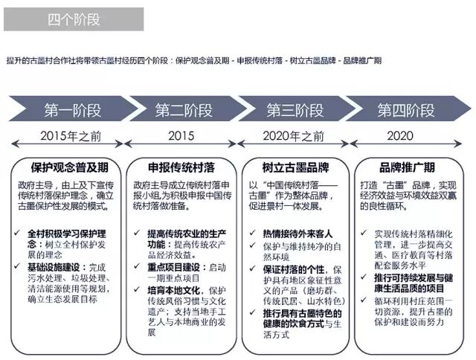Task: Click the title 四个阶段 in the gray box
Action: click(x=52, y=19)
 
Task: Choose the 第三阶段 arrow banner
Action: click(x=295, y=111)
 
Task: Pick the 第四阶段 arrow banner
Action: click(x=405, y=111)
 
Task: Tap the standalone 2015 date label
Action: click(x=181, y=138)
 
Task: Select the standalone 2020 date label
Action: click(x=400, y=138)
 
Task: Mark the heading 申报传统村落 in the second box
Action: click(x=180, y=167)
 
